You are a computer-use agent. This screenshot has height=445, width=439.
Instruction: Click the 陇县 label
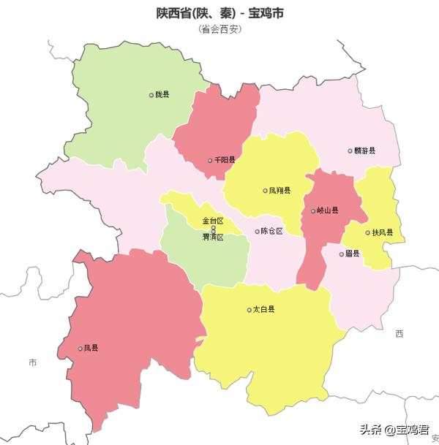click(162, 94)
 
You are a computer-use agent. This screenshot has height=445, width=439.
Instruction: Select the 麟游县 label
click(364, 151)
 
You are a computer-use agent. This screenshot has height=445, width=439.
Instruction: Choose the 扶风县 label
click(383, 232)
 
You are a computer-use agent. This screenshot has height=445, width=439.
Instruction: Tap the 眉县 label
click(353, 254)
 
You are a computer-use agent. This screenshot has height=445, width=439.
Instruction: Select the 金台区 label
click(213, 221)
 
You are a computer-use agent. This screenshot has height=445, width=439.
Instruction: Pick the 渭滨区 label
click(213, 237)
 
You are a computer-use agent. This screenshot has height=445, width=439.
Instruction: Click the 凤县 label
click(91, 348)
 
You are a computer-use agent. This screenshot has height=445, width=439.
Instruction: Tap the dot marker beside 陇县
click(151, 95)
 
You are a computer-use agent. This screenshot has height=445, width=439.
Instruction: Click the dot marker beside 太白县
click(249, 310)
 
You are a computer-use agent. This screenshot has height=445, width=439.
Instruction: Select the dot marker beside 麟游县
click(350, 151)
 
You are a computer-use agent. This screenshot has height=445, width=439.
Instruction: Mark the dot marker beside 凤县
click(80, 349)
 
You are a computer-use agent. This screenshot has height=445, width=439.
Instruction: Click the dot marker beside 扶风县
click(367, 233)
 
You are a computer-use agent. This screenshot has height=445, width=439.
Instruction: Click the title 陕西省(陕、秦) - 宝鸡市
click(219, 14)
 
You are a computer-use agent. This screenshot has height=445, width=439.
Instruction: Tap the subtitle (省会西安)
click(219, 29)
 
